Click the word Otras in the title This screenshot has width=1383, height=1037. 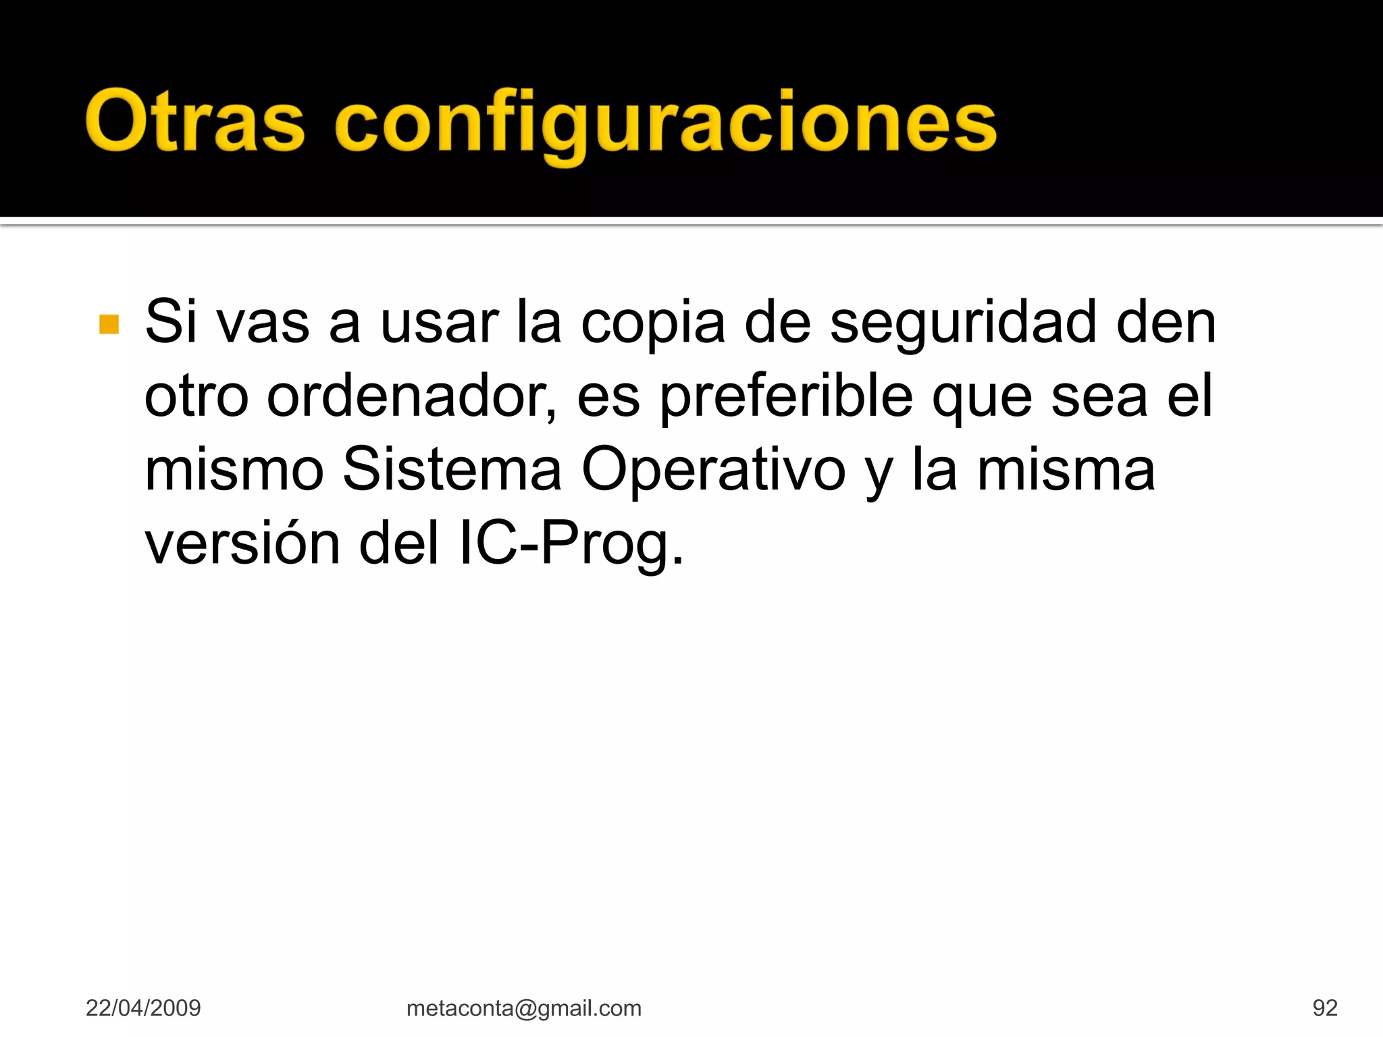pos(195,122)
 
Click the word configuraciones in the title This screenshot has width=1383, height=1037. pos(665,123)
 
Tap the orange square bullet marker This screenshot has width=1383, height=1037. pos(109,324)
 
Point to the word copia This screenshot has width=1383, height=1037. pos(653,323)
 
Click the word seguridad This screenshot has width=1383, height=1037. pos(962,323)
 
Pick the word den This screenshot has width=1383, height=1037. pos(1166,323)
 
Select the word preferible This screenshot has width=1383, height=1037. pos(786,396)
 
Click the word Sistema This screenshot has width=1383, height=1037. pos(452,469)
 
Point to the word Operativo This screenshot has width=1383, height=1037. pos(713,471)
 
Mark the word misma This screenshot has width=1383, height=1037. pos(1066,469)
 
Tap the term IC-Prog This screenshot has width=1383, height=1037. pos(571,543)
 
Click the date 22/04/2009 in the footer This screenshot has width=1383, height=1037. pos(143,1008)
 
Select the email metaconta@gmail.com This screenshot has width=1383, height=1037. pos(523,1008)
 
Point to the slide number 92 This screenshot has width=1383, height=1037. pos(1324,1008)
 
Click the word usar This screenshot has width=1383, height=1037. pos(440,323)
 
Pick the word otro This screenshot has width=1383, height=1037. pos(197,396)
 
